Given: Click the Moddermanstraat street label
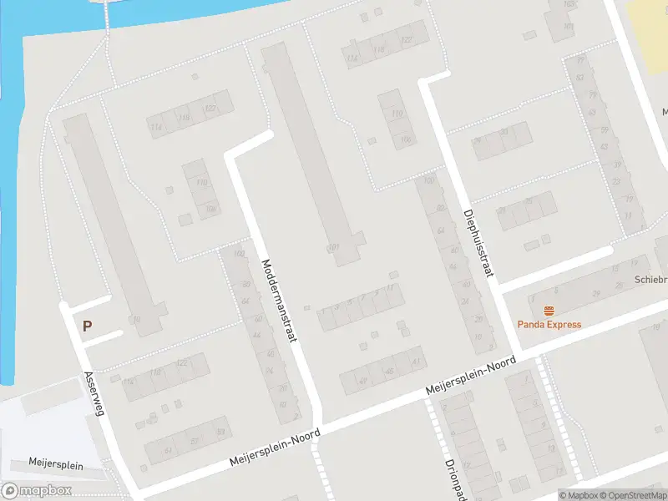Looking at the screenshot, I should pos(279,294).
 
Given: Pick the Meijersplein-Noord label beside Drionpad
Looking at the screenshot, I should pos(471,377).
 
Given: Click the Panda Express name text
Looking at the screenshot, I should pos(549,325).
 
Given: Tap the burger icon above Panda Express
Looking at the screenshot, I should pos(549,311).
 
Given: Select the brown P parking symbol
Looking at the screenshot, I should pos(86,326).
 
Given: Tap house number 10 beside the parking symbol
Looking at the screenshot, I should pos(136,319).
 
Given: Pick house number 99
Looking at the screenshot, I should pos(579,60).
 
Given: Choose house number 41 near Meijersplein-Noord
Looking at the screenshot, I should pos(414,361).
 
